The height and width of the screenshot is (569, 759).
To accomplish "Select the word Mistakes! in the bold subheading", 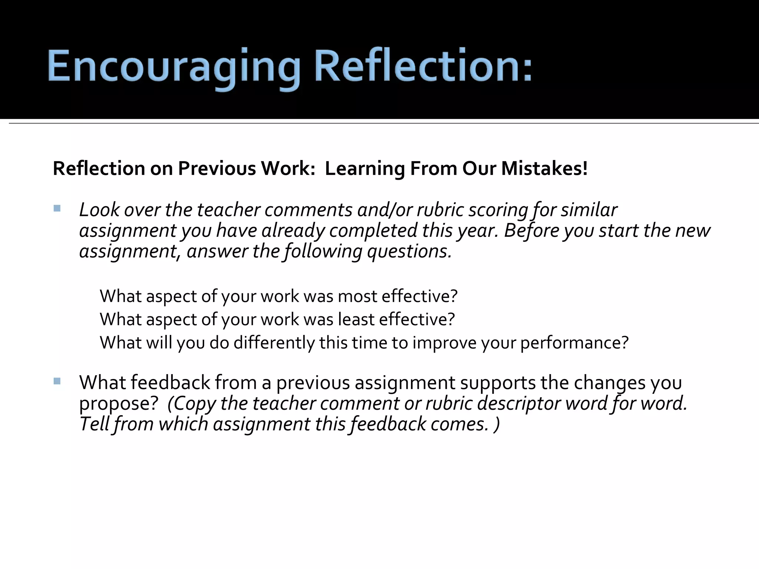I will point(544,169).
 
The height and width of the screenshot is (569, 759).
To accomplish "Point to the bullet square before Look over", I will point(57,209).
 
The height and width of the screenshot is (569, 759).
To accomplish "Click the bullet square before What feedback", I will point(57,381).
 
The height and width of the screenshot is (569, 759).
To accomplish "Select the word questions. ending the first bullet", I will point(409,252).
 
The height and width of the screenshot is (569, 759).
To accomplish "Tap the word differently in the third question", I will point(274,343).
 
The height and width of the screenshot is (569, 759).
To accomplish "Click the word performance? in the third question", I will point(574,343).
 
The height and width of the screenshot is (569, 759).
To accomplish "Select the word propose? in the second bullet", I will point(119,404).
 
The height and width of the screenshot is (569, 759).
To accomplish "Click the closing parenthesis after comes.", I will point(497,425).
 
